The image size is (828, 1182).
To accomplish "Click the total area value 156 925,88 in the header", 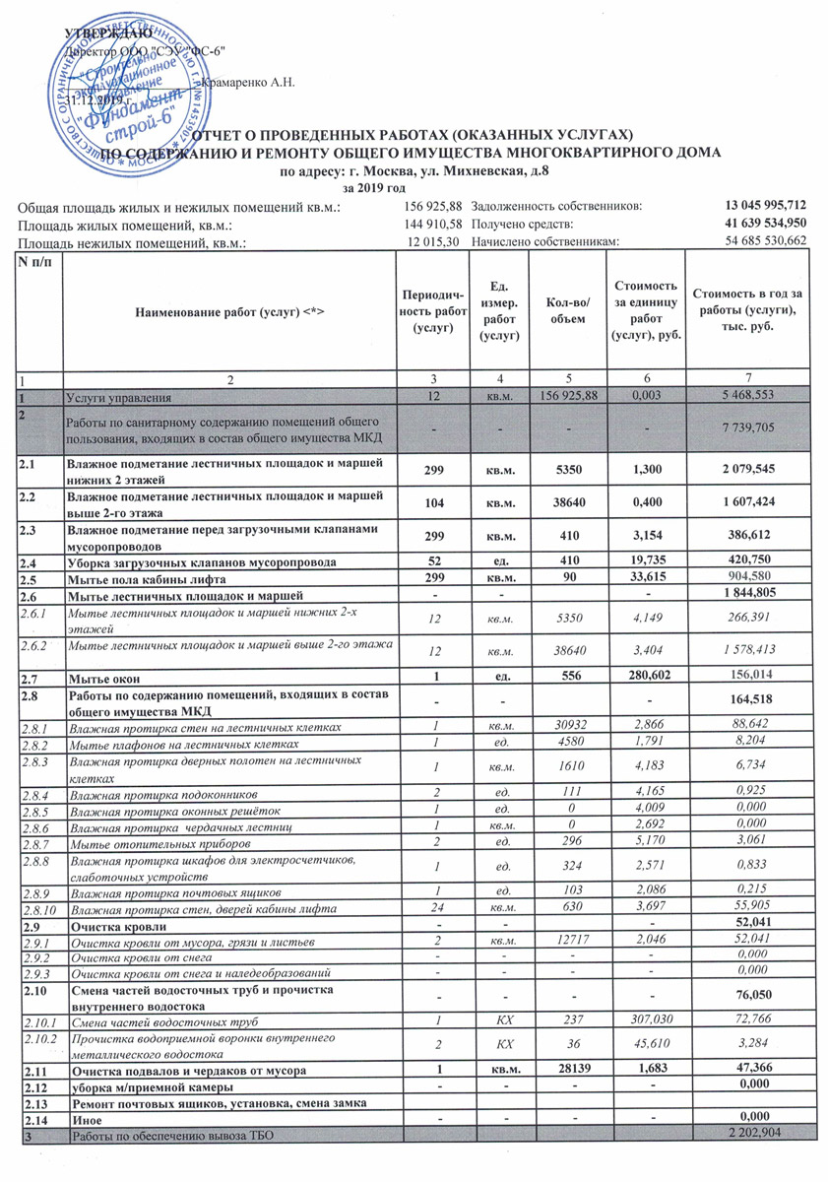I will click(x=433, y=206).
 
